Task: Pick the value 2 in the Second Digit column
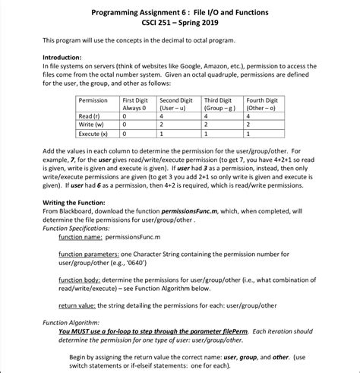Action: tap(162, 125)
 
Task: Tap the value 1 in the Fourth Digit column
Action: tap(248, 133)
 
